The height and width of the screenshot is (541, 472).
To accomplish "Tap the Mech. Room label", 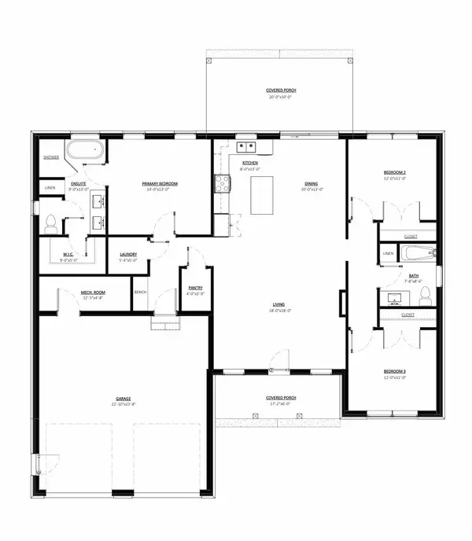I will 93,293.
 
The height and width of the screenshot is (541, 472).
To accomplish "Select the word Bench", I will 141,293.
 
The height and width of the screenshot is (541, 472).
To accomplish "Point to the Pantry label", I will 194,290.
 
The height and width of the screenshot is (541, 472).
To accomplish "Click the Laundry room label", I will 129,254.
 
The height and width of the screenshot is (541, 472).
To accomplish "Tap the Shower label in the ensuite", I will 52,157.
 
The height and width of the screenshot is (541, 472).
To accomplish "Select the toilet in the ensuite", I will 51,223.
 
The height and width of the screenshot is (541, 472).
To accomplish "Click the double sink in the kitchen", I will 246,145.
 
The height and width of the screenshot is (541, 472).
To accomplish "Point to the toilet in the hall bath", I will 425,295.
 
